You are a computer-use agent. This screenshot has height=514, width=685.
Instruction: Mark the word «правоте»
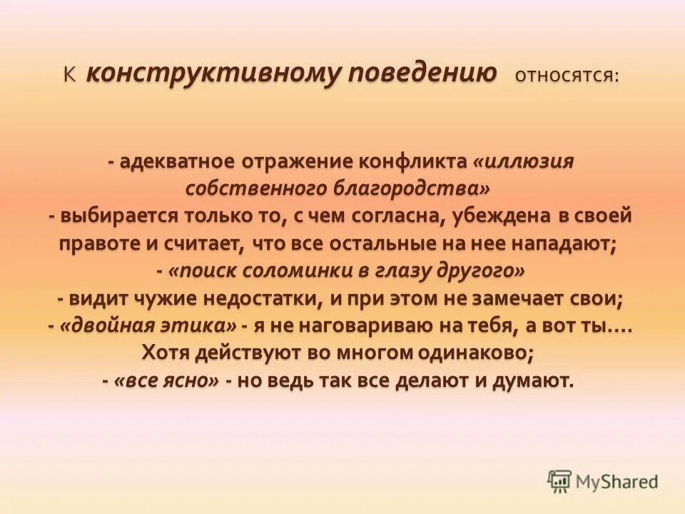[100, 243]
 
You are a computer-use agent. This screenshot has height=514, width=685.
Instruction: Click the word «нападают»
[564, 243]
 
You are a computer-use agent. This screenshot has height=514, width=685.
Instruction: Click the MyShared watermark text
[617, 482]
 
